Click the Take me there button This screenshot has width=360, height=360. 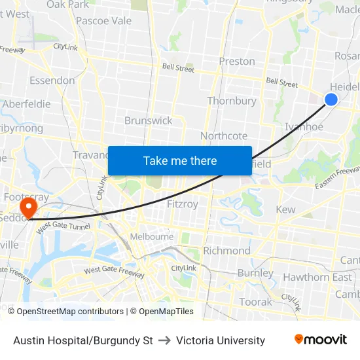(x=180, y=160)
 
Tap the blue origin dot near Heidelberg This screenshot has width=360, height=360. (x=331, y=99)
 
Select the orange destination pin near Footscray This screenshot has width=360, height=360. (x=28, y=208)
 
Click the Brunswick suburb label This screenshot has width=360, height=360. (x=149, y=120)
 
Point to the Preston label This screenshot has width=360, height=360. (x=237, y=62)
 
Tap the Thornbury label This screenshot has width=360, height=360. (x=232, y=101)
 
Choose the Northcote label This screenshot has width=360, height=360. (x=224, y=135)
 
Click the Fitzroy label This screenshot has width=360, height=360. (x=183, y=204)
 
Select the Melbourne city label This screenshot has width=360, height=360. (x=152, y=237)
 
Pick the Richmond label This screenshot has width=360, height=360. (x=226, y=251)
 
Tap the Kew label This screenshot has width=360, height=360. (x=285, y=210)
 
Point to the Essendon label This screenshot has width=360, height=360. (x=52, y=81)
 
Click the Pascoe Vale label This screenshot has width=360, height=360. (x=103, y=21)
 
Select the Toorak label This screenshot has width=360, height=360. (x=255, y=302)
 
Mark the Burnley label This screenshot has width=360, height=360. (x=255, y=273)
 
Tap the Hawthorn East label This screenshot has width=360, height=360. (x=317, y=277)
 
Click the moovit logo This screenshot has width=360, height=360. (x=321, y=340)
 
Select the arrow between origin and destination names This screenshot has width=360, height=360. (x=164, y=340)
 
